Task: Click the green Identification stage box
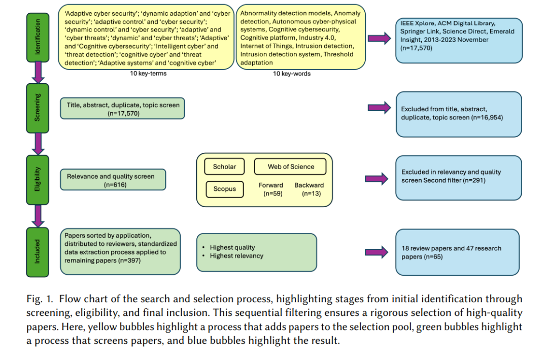click(x=38, y=38)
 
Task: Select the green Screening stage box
click(x=38, y=108)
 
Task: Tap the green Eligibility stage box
click(x=38, y=180)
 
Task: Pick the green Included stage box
click(x=38, y=252)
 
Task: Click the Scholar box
click(x=224, y=167)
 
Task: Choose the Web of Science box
click(x=290, y=167)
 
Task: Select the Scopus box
click(x=225, y=189)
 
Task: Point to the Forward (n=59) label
click(x=271, y=189)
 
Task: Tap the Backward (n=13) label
click(x=310, y=189)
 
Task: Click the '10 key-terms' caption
click(x=148, y=74)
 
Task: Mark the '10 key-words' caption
click(x=292, y=74)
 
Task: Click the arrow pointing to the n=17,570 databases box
click(x=379, y=38)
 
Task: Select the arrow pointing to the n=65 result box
click(x=376, y=252)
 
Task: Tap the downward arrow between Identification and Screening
click(x=38, y=73)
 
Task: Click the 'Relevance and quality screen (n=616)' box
click(x=113, y=180)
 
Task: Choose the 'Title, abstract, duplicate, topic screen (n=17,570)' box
click(x=122, y=109)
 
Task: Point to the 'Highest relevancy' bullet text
click(x=236, y=256)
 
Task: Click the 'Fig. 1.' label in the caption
click(x=40, y=299)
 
